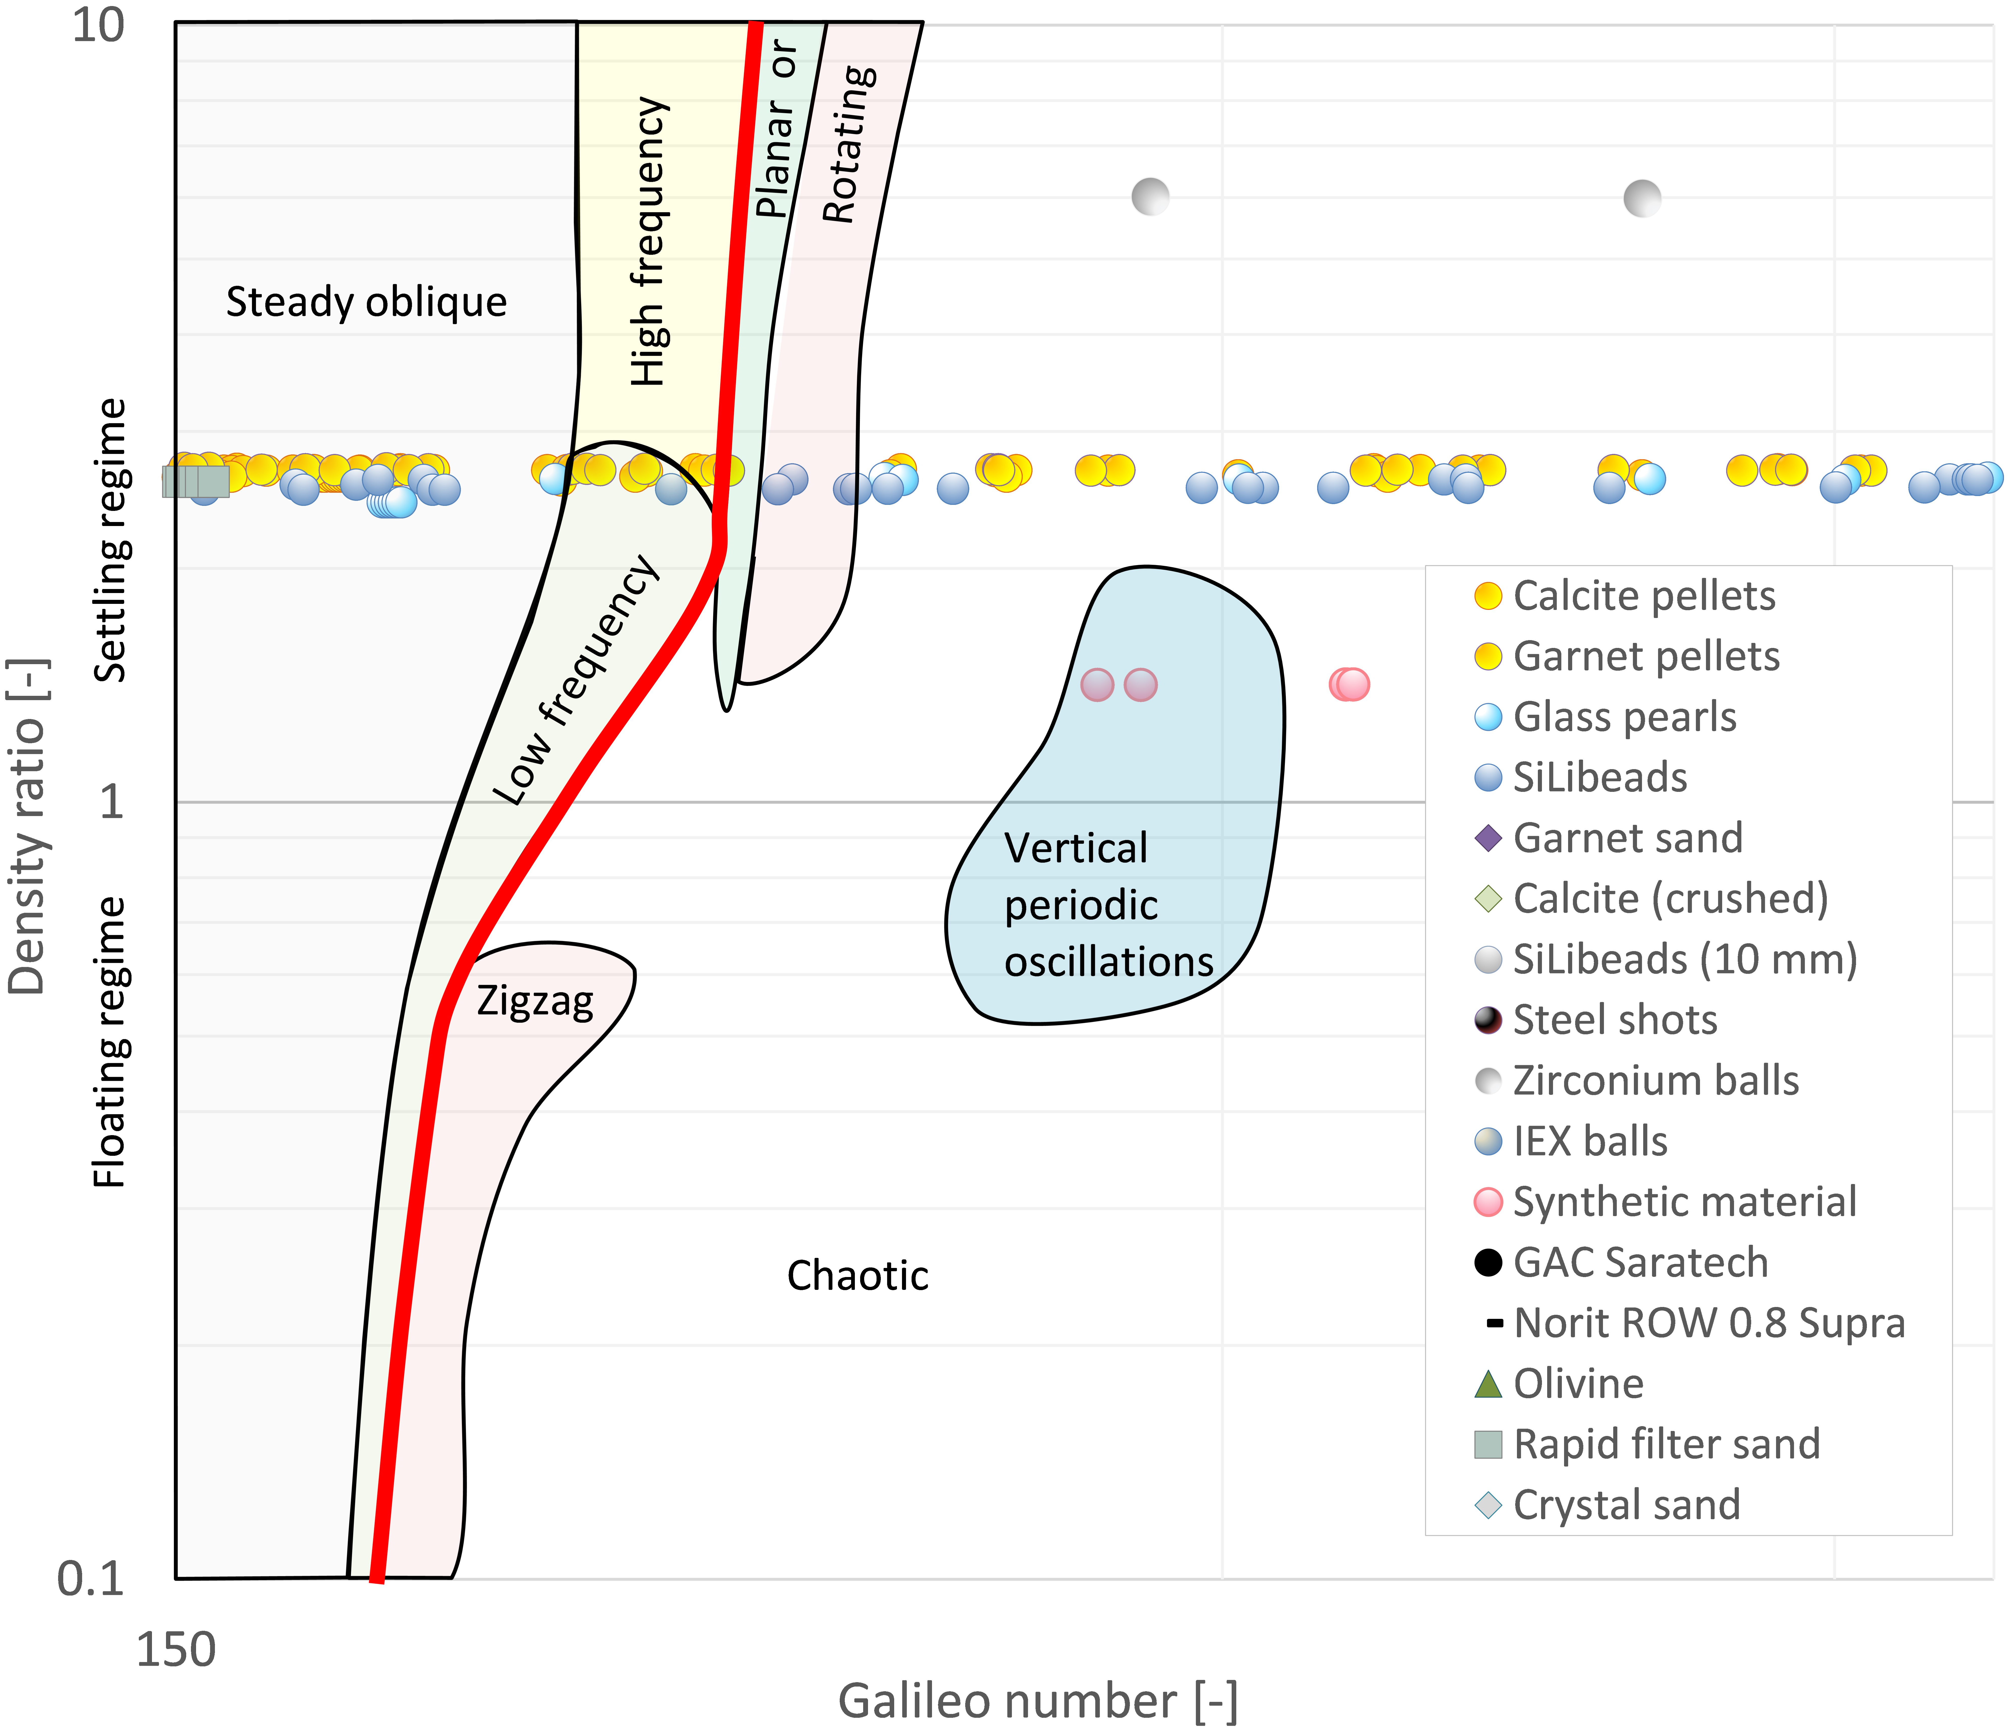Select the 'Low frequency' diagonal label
click(x=576, y=681)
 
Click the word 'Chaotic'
click(x=857, y=1276)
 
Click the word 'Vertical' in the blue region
click(x=1075, y=848)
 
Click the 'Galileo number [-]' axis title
click(x=1038, y=1702)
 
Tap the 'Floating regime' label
click(x=111, y=1042)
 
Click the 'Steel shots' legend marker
click(x=1487, y=1020)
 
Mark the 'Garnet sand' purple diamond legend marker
click(x=1487, y=838)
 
